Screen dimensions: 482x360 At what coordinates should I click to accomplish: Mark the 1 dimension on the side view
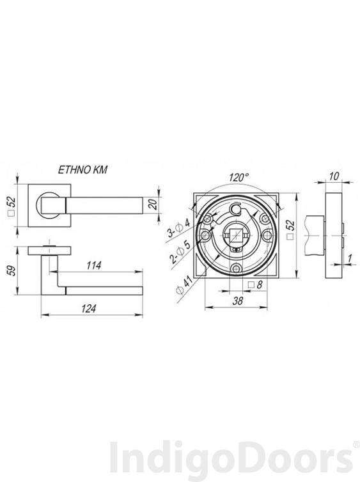pos(350,259)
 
